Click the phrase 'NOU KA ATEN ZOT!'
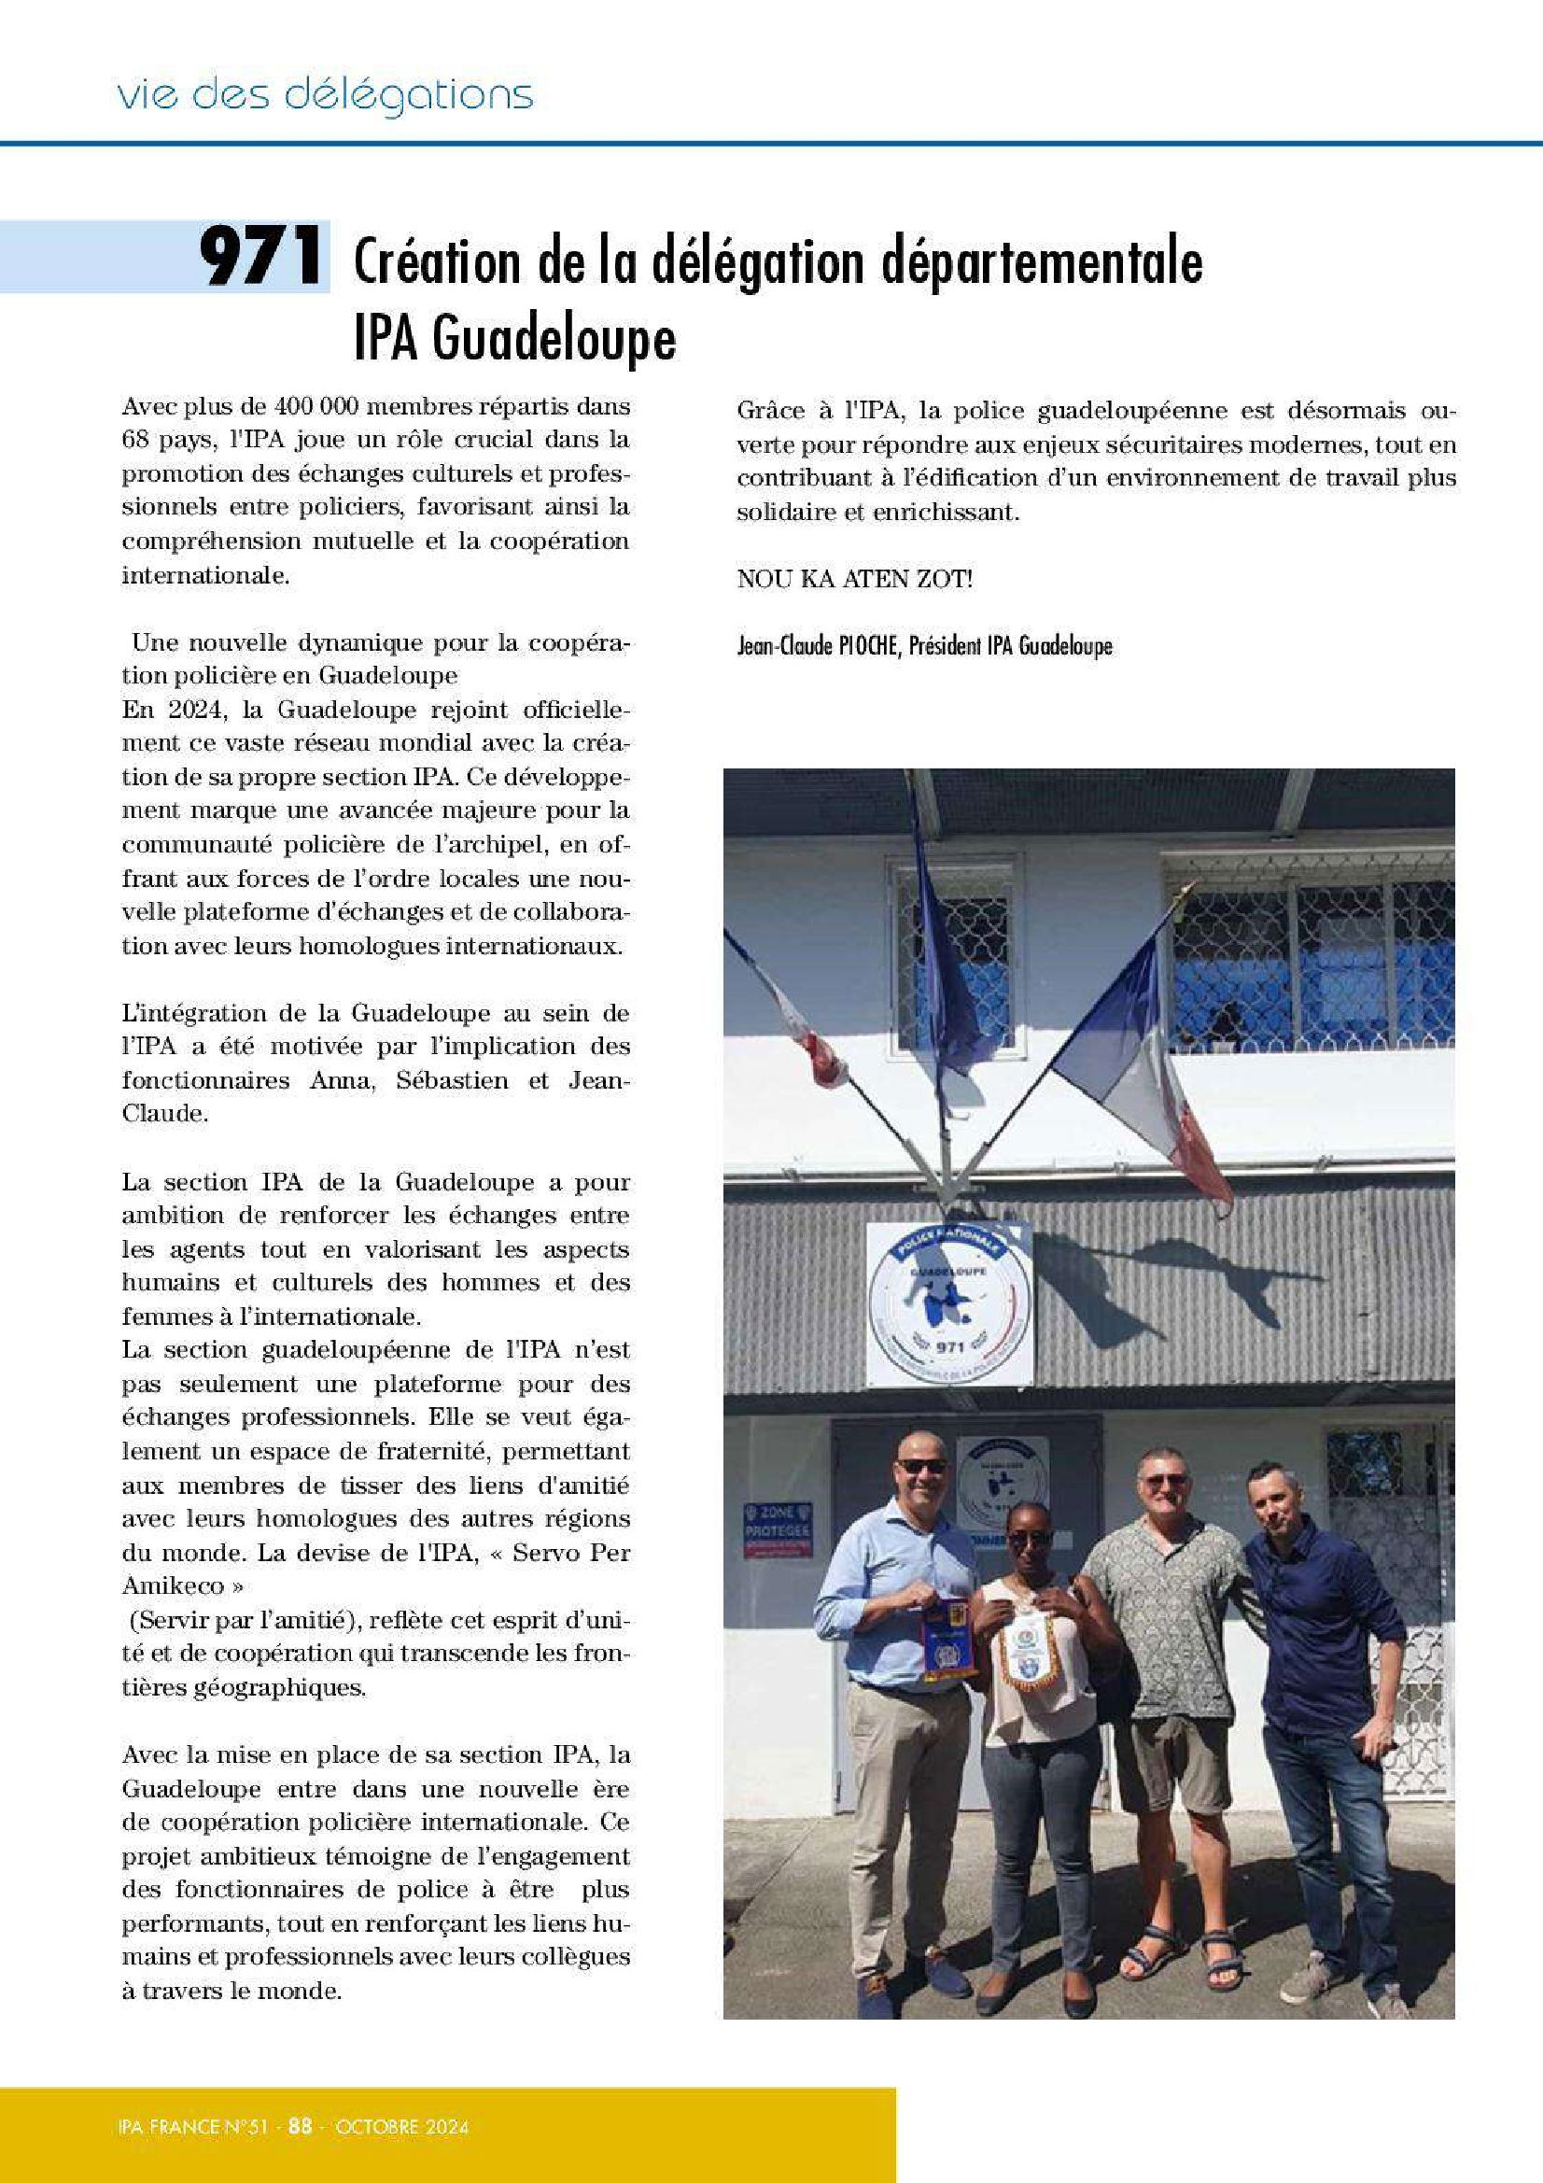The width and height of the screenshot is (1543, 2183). [855, 579]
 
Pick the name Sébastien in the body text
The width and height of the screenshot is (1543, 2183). [456, 1080]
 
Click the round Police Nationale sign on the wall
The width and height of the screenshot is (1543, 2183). [948, 1303]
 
